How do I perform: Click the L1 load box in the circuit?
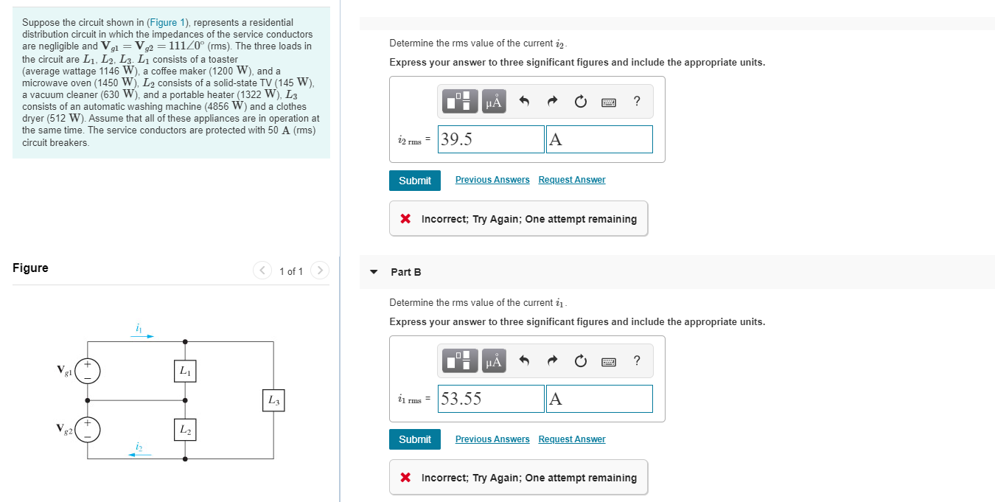pos(185,372)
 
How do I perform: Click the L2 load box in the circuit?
pos(185,429)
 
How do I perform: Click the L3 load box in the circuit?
pos(273,400)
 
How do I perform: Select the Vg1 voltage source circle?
pos(88,371)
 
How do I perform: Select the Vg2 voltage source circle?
pos(88,429)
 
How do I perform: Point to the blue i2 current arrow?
pos(140,454)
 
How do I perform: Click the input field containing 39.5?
pos(491,139)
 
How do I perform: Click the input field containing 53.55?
pos(491,399)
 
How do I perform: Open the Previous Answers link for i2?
pos(492,180)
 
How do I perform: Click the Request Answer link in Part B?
pos(571,439)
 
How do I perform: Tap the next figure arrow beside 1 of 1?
pos(319,271)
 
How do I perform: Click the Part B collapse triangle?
pos(374,272)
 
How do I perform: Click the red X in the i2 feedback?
pos(405,219)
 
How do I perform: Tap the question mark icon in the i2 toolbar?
pos(637,101)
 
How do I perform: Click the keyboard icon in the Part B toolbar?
pos(608,361)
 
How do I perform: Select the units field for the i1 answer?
pos(598,399)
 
